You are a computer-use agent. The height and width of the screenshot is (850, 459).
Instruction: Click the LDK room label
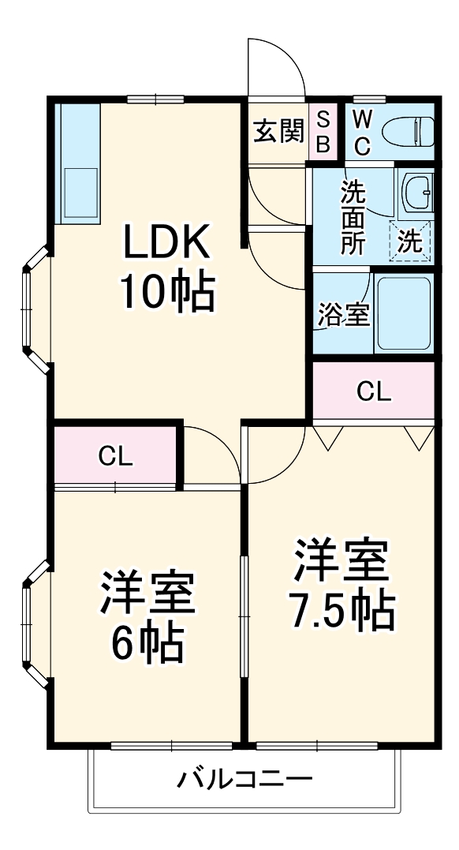[x=167, y=242]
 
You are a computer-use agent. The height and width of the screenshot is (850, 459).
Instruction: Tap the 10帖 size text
[x=167, y=293]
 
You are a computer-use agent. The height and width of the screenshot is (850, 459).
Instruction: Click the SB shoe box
[x=323, y=132]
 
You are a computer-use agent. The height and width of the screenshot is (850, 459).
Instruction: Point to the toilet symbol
[x=408, y=132]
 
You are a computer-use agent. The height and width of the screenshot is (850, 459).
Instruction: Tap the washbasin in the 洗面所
[x=416, y=193]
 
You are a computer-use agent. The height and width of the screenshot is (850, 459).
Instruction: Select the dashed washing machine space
[x=411, y=242]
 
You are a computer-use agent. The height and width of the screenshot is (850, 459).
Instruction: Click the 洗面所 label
[x=353, y=217]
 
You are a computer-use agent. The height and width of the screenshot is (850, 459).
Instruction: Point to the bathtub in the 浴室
[x=404, y=313]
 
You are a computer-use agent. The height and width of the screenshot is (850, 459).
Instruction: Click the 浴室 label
[x=344, y=314]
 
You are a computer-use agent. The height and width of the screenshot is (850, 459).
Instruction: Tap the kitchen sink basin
[x=80, y=193]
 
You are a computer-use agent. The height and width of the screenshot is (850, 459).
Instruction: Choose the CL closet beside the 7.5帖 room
[x=374, y=391]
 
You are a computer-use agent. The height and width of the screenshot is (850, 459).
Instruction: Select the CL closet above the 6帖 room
[x=115, y=456]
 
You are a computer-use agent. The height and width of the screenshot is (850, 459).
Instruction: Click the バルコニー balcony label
[x=245, y=780]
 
